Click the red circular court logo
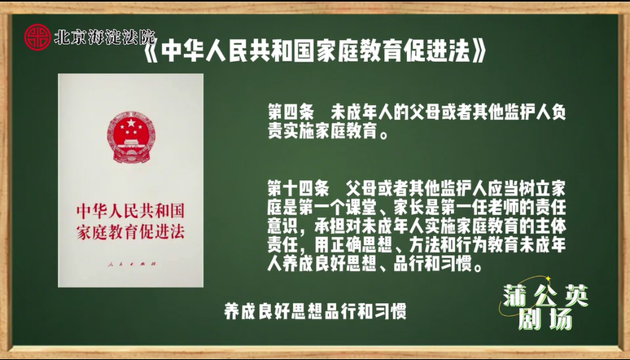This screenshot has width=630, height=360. pos(37,37)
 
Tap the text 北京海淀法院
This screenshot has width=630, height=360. pos(104,37)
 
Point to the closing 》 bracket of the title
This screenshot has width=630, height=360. pos(479,52)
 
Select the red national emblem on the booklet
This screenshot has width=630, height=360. pos(131,137)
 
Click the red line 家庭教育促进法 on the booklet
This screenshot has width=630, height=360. pos(130,232)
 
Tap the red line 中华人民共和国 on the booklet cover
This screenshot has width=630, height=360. pos(130,211)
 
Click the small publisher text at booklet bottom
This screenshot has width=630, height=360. pos(132,264)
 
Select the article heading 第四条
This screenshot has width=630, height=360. pos(291,112)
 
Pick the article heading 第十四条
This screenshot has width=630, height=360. pos(299,188)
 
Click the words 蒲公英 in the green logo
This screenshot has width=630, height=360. pos(545,296)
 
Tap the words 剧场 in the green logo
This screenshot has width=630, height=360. pos(545,320)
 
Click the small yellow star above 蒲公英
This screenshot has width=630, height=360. pos(547,278)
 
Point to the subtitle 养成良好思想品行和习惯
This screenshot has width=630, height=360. pos(315,311)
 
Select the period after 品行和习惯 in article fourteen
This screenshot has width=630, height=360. pos(478,267)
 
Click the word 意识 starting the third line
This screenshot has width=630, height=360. pos(283,226)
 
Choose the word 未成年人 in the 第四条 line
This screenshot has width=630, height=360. pos(361,112)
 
